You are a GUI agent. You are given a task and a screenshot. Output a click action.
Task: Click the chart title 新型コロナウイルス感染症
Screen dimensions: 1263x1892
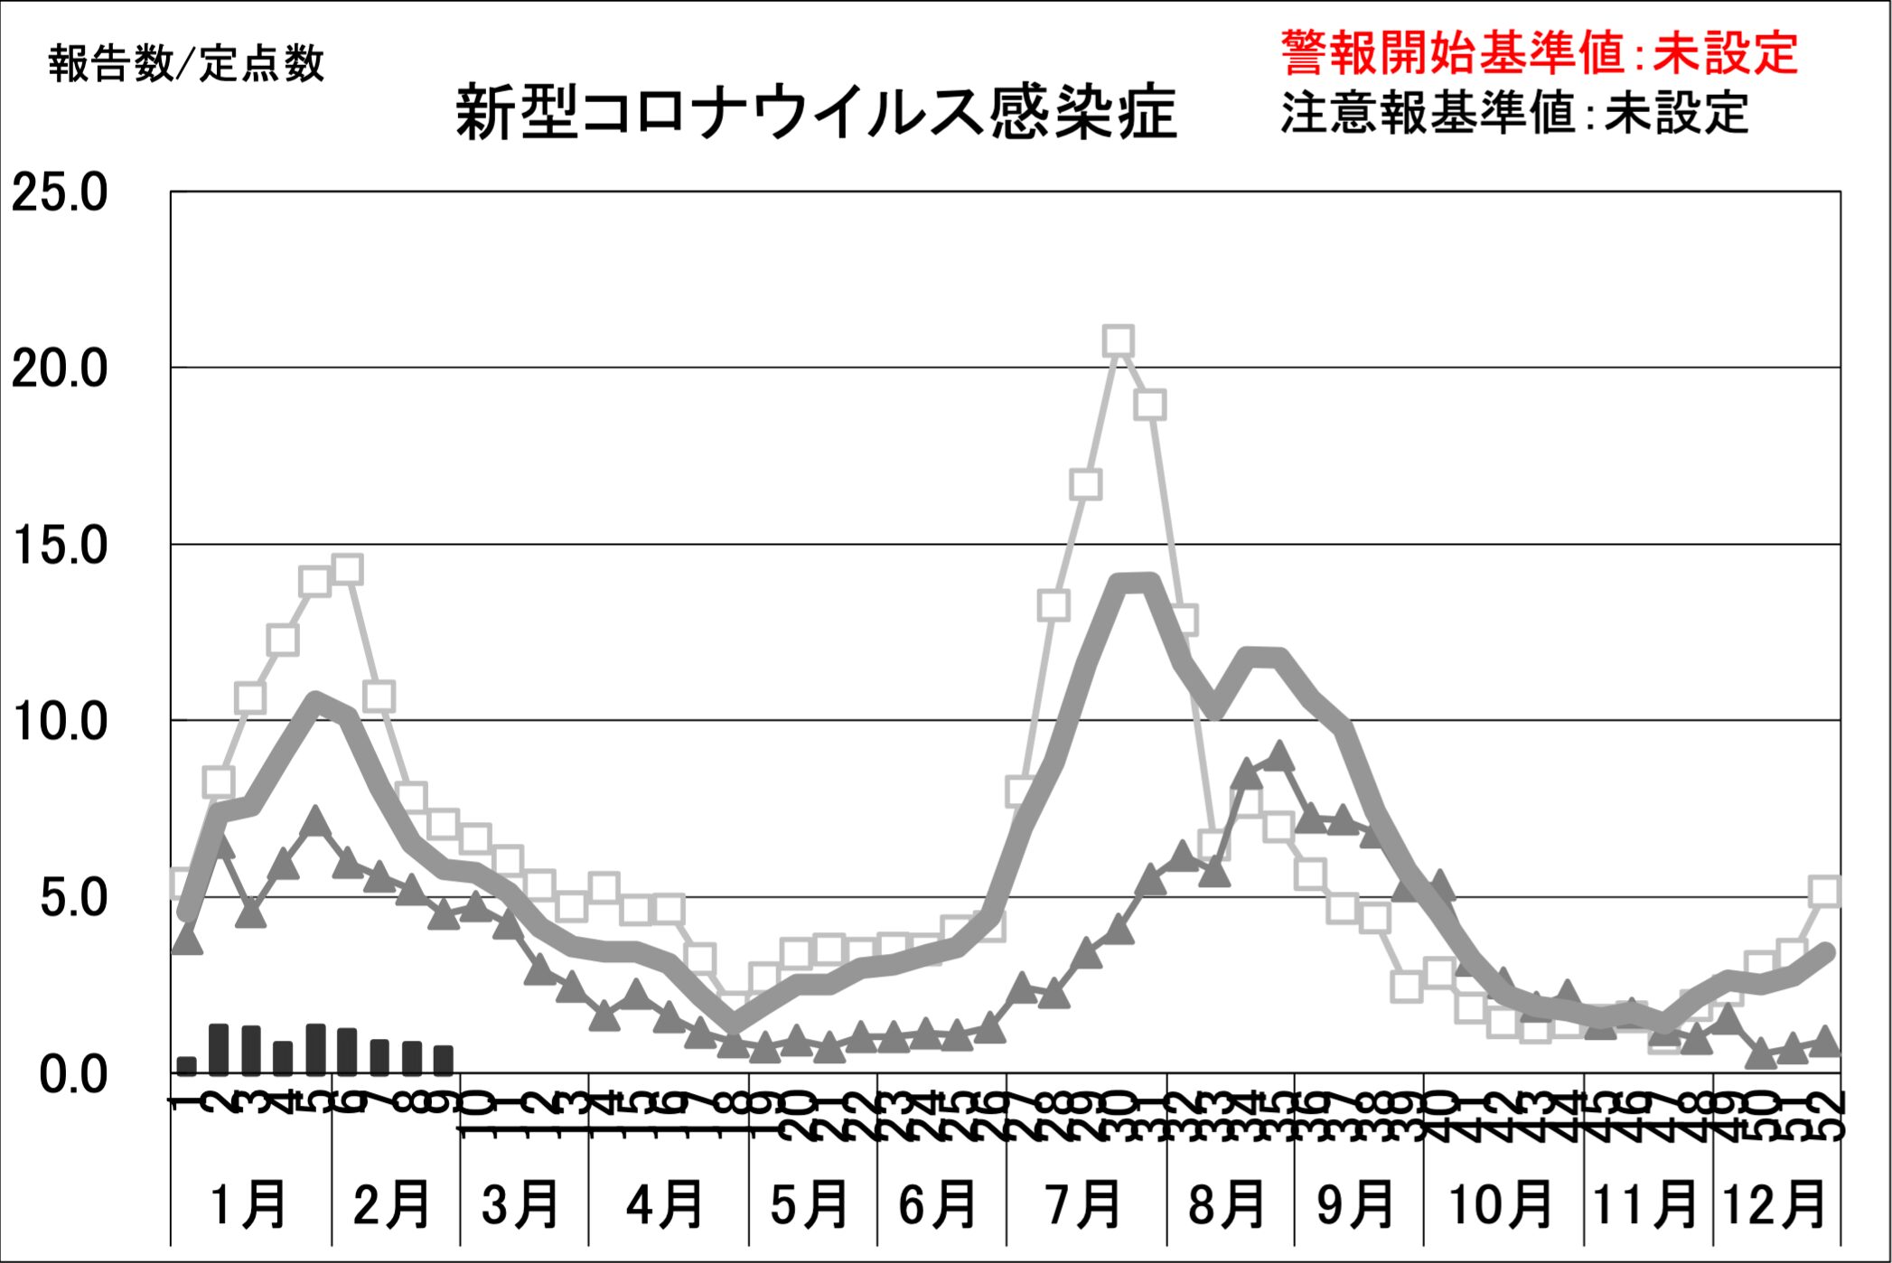(816, 113)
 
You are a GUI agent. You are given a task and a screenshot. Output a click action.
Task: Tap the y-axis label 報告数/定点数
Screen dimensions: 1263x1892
(186, 63)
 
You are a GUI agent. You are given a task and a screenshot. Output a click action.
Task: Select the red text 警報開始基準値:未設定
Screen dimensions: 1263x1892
(1539, 52)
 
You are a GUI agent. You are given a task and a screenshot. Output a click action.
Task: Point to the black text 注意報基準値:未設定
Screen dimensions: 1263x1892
(1514, 113)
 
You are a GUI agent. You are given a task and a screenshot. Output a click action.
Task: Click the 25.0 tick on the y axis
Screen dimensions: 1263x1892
(60, 192)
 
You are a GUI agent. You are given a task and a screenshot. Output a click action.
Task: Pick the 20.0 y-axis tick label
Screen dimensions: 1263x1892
(60, 369)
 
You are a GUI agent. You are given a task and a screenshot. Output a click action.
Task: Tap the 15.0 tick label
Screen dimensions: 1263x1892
(60, 546)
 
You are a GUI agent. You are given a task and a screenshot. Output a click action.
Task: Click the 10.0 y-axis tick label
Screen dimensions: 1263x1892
(60, 722)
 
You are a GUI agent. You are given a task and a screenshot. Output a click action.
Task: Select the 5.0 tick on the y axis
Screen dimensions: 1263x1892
(72, 898)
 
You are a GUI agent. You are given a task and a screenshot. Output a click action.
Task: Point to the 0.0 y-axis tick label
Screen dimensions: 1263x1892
(72, 1075)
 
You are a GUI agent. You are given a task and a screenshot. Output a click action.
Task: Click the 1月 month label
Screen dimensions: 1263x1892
(248, 1204)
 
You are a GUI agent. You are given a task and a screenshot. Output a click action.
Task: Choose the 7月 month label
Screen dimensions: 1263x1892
(1083, 1204)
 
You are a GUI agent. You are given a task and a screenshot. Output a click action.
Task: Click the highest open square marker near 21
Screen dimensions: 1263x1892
(1119, 341)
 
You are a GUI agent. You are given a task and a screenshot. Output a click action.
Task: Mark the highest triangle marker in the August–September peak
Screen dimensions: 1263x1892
(1279, 755)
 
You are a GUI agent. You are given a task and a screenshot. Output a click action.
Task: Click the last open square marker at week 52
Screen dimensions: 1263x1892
(1825, 891)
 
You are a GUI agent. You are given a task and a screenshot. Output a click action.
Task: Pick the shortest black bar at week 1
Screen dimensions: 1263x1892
(186, 1065)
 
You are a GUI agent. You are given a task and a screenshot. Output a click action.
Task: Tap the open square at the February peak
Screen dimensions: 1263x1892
(347, 570)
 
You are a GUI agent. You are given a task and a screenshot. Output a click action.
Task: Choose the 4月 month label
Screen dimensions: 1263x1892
(666, 1204)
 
